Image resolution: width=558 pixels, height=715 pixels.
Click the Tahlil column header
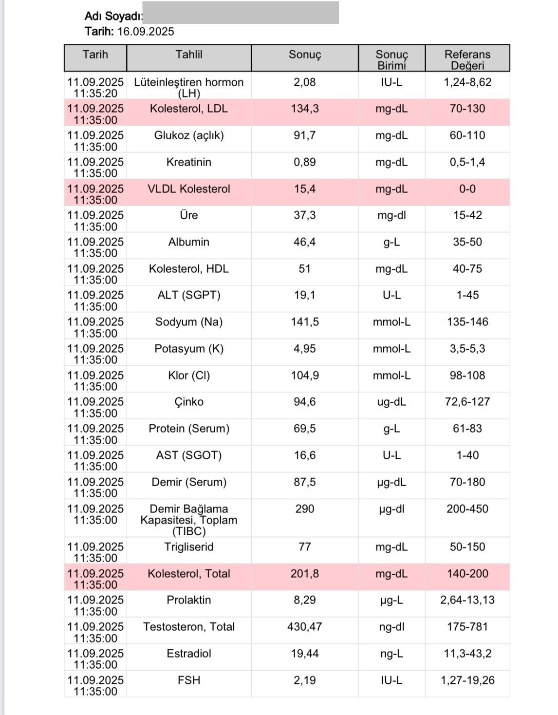189,55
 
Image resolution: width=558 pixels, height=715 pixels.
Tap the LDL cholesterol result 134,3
305,109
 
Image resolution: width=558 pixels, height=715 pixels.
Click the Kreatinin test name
189,162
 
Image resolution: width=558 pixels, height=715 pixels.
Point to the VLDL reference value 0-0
467,189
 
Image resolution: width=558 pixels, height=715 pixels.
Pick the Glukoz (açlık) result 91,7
305,135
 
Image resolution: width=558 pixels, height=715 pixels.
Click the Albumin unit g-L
391,242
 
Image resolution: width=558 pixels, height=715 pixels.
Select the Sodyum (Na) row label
189,322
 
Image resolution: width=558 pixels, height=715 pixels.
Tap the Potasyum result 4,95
305,349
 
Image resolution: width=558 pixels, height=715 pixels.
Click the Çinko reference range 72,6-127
467,402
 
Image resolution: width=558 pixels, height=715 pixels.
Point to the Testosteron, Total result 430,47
305,627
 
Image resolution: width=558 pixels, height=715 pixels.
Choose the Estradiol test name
189,654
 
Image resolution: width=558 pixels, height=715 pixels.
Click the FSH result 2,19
305,680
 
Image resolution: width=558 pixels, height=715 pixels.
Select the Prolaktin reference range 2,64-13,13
467,600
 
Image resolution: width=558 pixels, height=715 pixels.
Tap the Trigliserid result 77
305,547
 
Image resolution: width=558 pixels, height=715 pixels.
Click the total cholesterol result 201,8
305,574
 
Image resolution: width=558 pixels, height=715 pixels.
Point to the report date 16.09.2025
146,32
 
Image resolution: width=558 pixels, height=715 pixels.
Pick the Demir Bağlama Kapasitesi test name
189,520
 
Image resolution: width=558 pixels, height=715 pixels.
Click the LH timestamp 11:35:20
95,94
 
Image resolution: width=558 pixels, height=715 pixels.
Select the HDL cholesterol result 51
305,269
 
